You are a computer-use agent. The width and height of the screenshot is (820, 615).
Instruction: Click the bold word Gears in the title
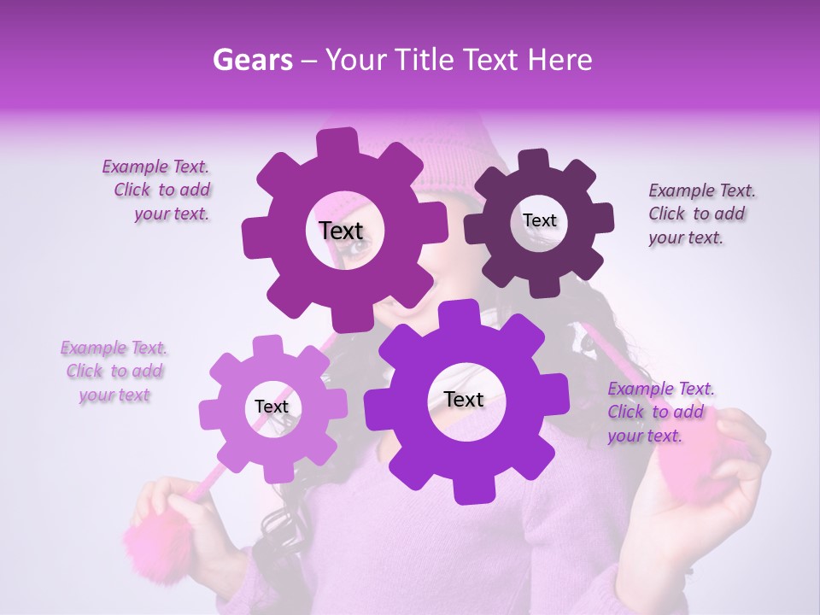pos(252,60)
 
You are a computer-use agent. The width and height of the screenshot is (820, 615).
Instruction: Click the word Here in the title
pos(560,60)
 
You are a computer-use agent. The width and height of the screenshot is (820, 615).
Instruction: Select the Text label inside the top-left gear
pos(341,231)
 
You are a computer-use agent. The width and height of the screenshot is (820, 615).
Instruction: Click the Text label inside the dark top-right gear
pos(539,220)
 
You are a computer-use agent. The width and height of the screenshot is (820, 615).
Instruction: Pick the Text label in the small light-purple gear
pos(272,407)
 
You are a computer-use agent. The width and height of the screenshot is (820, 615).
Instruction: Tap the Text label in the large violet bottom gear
pos(464,399)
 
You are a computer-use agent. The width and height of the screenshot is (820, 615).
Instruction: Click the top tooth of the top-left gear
pos(337,142)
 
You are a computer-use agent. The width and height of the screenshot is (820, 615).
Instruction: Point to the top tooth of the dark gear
pos(534,160)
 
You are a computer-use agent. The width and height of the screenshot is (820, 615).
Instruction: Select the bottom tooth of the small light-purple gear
pos(275,471)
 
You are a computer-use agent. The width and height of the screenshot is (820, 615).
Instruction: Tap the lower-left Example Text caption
pos(114,372)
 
